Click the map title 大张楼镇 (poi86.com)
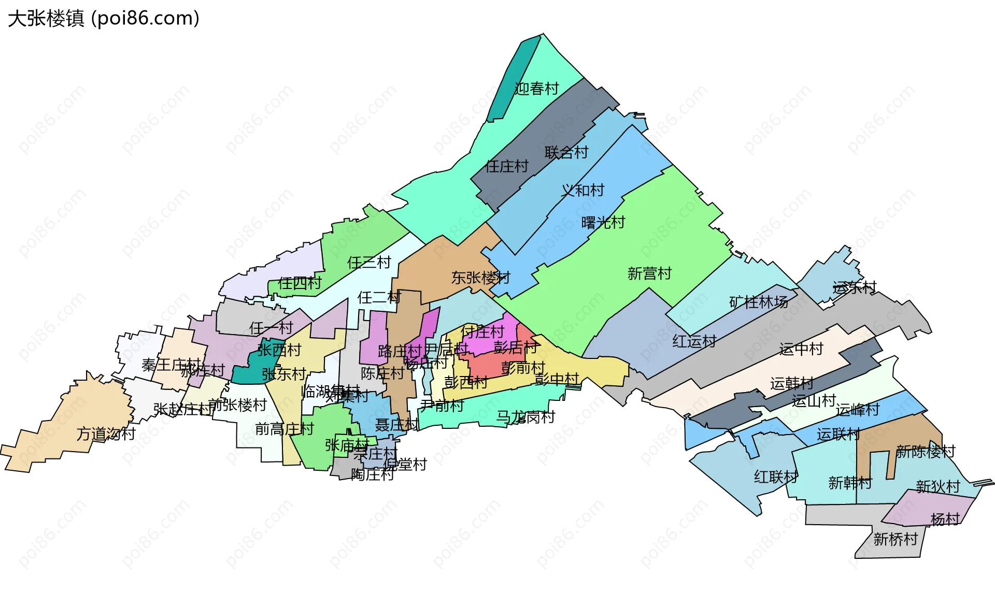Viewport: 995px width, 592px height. coord(104,19)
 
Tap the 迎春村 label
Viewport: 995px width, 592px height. coord(537,89)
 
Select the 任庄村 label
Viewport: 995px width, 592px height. coord(507,166)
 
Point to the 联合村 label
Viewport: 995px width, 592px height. coord(566,152)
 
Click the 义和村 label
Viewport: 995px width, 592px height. coord(582,190)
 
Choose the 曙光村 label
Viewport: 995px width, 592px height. coord(603,223)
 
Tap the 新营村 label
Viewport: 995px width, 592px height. coord(649,273)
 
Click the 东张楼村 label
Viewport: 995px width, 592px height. coord(480,278)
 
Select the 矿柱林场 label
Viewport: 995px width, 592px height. coord(759,302)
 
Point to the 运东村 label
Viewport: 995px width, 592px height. coord(855,287)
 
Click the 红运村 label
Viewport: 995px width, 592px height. coord(694,341)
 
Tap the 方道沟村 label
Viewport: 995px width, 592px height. coord(106,434)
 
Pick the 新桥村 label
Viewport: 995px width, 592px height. coord(895,539)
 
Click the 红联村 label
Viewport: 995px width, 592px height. coord(776,477)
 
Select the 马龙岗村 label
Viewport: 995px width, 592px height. coord(525,417)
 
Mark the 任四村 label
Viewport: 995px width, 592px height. coord(300,283)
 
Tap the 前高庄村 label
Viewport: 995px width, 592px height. coord(285,429)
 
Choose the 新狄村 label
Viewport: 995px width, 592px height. coord(938,486)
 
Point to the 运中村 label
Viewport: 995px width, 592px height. coord(801,349)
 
